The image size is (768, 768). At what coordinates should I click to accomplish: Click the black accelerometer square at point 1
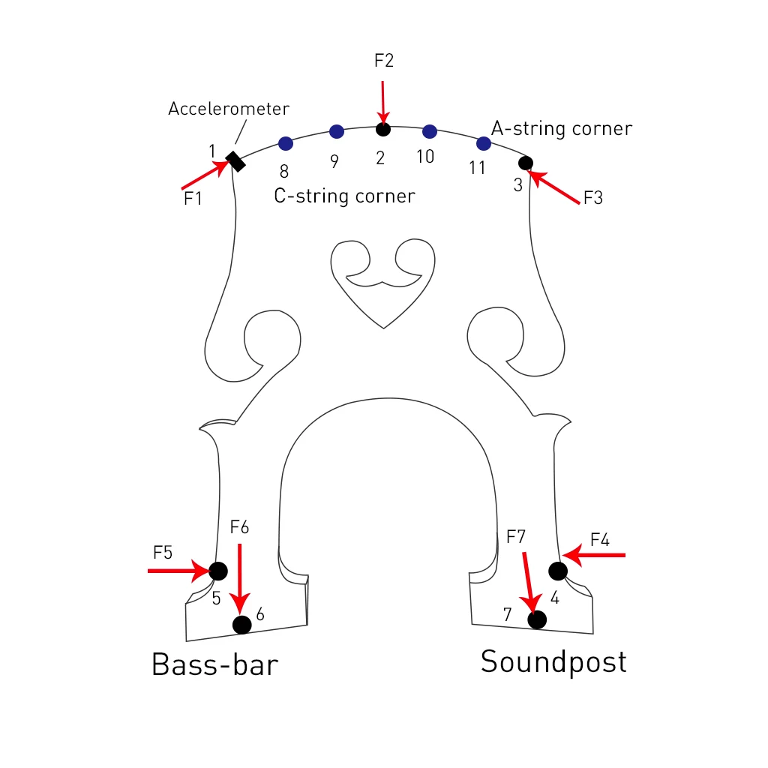(236, 161)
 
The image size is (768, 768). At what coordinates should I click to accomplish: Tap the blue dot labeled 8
(285, 143)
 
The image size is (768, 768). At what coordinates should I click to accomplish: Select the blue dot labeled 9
(337, 132)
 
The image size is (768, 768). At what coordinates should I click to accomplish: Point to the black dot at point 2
(383, 130)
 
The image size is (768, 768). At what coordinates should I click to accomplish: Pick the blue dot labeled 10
(430, 132)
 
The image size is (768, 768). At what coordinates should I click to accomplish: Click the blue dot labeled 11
(484, 143)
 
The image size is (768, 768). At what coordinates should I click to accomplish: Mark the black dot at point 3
(526, 163)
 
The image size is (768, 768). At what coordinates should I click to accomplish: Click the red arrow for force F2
(383, 101)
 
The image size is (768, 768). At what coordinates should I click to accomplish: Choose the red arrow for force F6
(240, 577)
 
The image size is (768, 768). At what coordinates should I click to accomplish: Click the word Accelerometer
(228, 109)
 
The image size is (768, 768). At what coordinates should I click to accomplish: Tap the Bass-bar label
(214, 664)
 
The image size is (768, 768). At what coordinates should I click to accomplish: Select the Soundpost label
(553, 661)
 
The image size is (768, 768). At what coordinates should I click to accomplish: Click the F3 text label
(592, 199)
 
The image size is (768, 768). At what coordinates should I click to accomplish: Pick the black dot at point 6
(242, 624)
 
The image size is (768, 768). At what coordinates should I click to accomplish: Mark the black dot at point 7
(537, 619)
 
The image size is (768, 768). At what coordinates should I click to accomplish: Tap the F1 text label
(193, 199)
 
